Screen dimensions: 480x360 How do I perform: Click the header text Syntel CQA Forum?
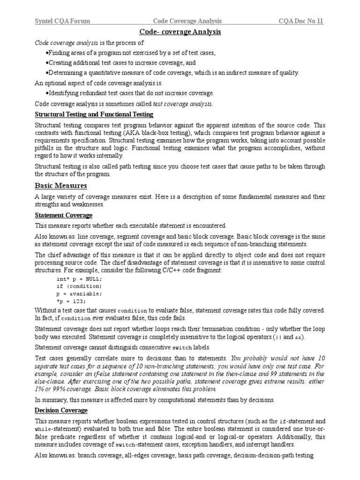pos(63,21)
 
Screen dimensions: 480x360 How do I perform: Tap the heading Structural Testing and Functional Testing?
pos(94,114)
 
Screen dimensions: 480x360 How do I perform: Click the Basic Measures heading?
pos(61,186)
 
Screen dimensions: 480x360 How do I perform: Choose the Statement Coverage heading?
pos(64,215)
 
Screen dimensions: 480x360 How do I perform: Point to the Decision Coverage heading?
pos(61,410)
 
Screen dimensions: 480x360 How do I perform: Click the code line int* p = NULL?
pos(79,278)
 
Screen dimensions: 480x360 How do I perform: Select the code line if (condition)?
pos(79,286)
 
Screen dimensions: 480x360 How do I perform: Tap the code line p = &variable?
pos(79,293)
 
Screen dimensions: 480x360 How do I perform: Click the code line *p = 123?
pos(71,301)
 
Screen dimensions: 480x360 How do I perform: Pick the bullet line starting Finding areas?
pos(130,53)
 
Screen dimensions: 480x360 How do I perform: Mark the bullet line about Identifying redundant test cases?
pos(130,93)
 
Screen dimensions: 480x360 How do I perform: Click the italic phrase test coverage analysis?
pos(182,104)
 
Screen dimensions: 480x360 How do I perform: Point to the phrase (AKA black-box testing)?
pos(150,133)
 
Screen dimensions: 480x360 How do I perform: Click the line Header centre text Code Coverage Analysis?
pos(187,21)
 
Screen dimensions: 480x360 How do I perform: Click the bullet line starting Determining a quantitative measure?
pos(172,73)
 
